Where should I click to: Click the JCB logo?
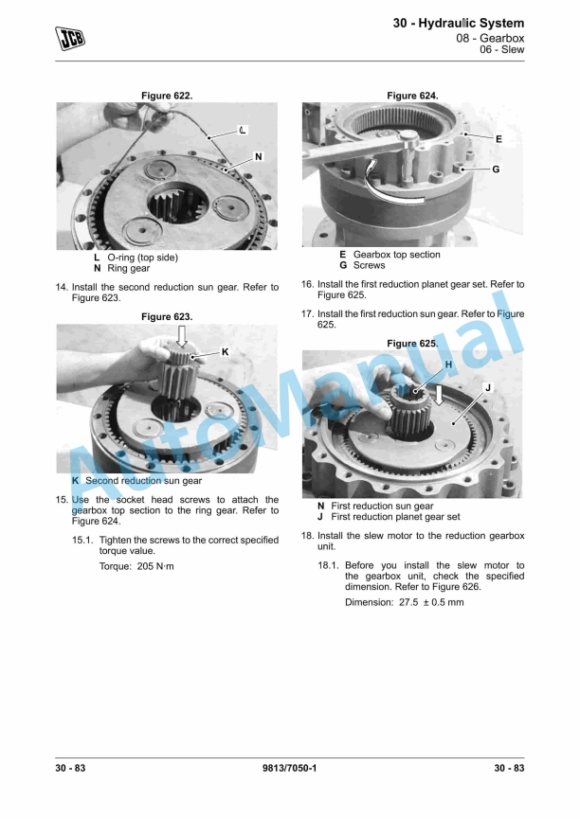click(x=70, y=38)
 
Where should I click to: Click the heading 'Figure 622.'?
click(x=167, y=96)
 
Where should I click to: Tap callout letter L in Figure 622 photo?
click(x=243, y=130)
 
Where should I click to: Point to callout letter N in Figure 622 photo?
click(x=259, y=156)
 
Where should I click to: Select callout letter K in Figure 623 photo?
click(x=225, y=351)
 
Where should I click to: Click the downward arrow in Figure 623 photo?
click(x=181, y=336)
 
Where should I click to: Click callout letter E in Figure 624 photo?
click(x=498, y=139)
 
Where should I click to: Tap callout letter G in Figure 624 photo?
click(x=496, y=169)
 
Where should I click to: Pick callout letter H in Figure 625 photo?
click(x=448, y=365)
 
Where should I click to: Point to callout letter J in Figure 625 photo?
click(x=488, y=387)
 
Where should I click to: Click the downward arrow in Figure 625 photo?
click(x=439, y=395)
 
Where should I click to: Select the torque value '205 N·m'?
click(x=155, y=566)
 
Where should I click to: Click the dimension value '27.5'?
click(x=408, y=602)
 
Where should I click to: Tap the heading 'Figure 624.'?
click(x=412, y=96)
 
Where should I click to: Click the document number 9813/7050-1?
click(x=289, y=768)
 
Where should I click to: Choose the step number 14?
click(x=62, y=287)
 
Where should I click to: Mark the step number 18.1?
click(x=328, y=565)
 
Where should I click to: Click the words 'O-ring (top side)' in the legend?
click(x=143, y=258)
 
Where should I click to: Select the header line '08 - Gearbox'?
click(x=490, y=38)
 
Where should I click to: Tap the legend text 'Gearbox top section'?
click(x=397, y=255)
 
